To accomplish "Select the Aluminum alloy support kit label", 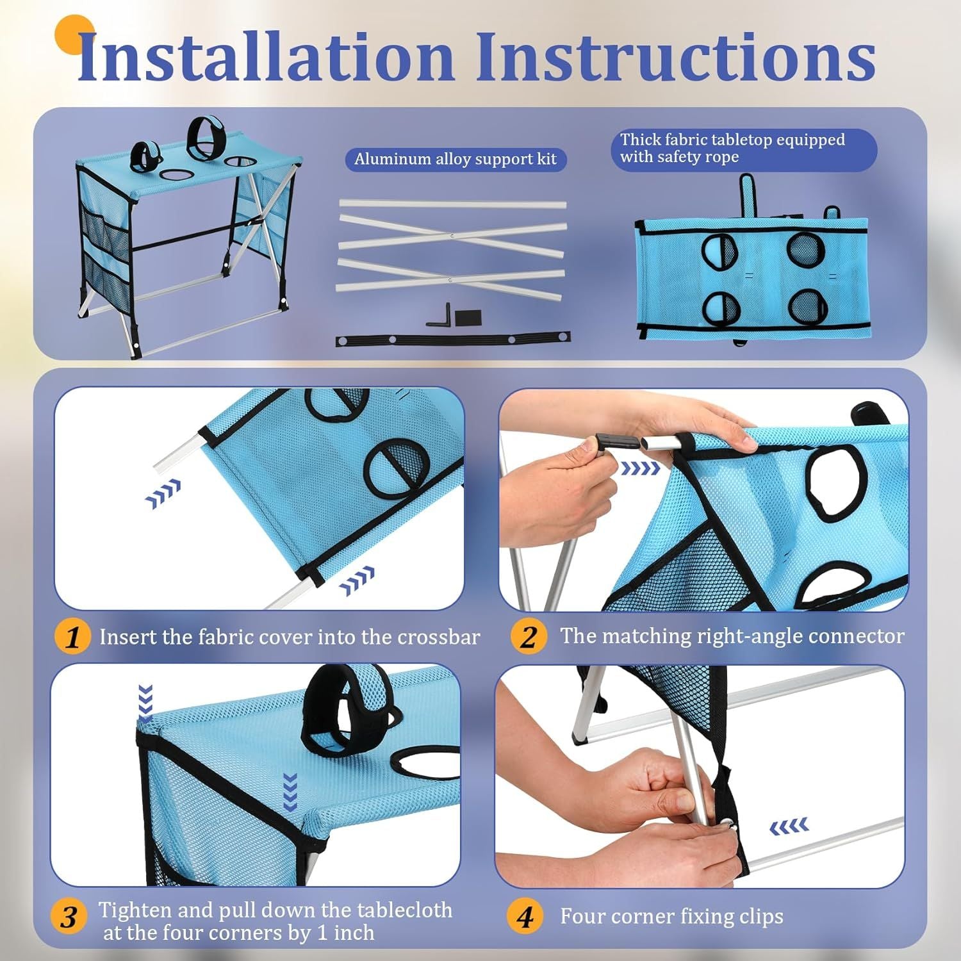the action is (456, 159).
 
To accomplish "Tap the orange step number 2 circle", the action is (529, 637).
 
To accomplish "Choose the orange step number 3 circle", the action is (69, 917).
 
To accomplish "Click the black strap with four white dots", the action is (453, 339).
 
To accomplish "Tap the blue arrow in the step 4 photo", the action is (789, 827).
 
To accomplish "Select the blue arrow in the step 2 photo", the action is (641, 469).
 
